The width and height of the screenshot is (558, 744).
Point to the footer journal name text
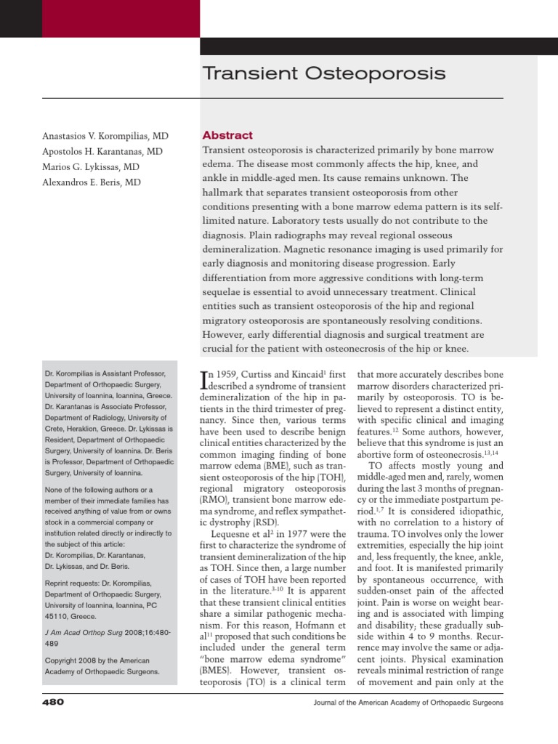(407, 703)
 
